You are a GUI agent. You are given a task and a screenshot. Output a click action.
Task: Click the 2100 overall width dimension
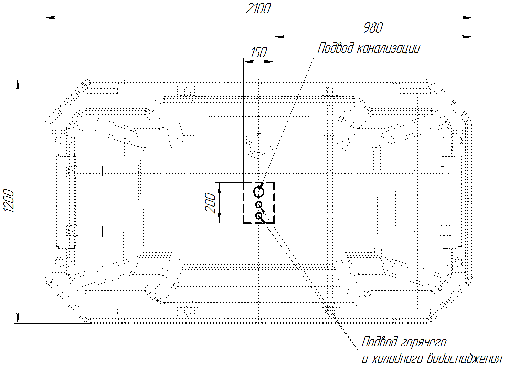258,9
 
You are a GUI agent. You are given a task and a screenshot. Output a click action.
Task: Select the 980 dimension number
373,28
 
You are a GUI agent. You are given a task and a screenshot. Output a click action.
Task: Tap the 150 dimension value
258,53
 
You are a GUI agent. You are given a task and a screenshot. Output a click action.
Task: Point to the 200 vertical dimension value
210,203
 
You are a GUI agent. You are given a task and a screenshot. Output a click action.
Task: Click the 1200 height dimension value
9,201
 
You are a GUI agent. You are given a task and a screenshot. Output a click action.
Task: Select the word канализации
388,48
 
